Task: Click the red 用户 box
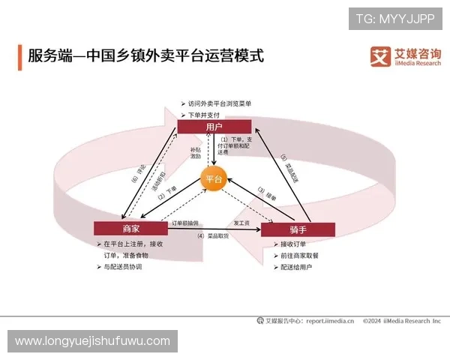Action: [x=214, y=127]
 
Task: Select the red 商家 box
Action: [x=130, y=227]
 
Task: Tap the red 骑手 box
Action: [x=297, y=229]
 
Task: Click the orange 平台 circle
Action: [x=214, y=179]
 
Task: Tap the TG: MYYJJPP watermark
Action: [x=395, y=18]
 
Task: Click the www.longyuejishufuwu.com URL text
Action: [x=92, y=341]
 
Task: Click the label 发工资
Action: [x=241, y=223]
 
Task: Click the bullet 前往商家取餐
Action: [x=299, y=255]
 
